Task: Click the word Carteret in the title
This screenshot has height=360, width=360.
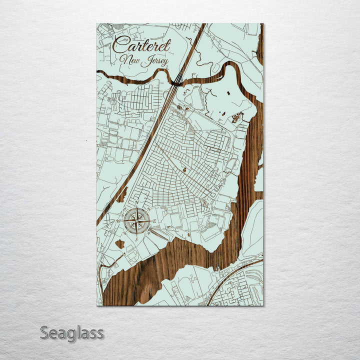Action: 141,45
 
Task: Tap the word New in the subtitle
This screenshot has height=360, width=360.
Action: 129,60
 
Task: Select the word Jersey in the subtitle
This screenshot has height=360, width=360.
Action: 154,62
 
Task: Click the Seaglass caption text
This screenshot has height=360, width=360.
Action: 71,332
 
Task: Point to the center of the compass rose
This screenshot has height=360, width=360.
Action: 137,220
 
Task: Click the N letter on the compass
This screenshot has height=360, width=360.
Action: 137,203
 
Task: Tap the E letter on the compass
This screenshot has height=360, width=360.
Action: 154,220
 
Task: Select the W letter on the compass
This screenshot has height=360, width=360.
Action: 119,220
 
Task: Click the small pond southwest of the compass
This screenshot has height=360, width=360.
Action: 119,244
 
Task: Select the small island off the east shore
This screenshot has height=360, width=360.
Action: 258,179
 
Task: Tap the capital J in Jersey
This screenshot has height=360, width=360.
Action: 145,61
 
